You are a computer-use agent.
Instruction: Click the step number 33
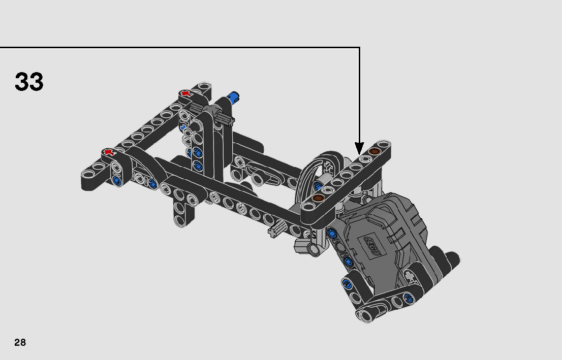coord(29,82)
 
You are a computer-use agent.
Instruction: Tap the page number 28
coord(20,342)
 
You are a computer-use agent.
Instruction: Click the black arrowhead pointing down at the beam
coord(359,148)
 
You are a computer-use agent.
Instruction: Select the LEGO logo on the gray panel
coord(372,246)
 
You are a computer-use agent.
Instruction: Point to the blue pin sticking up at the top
coord(233,96)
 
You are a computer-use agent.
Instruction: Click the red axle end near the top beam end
coord(185,94)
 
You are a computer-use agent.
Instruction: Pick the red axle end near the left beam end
coord(108,152)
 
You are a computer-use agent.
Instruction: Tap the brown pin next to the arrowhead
coord(374,151)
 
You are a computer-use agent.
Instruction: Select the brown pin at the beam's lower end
coord(318,198)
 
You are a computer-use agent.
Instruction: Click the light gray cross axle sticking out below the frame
coord(277,229)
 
